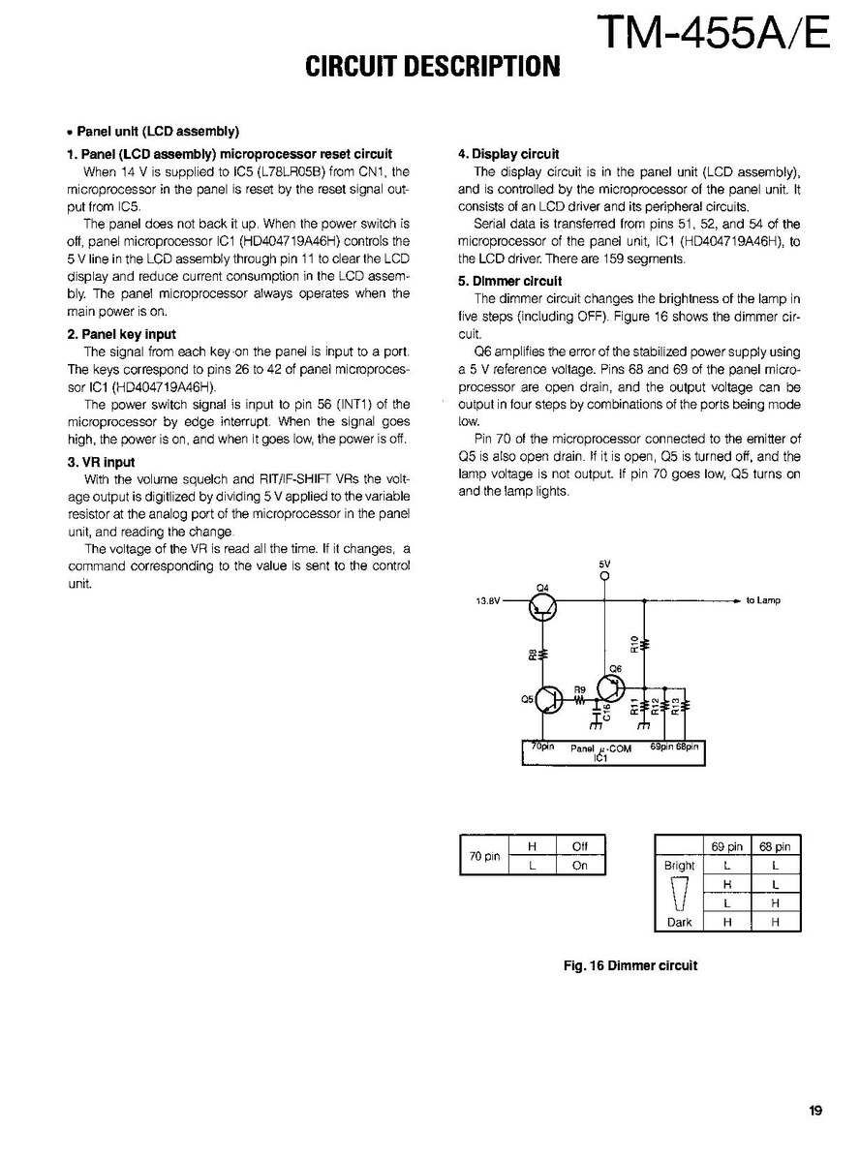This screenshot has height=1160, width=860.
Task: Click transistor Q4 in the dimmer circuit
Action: (x=543, y=606)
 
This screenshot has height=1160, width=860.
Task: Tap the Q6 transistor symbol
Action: (x=611, y=688)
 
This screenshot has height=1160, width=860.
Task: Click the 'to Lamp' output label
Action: (x=763, y=600)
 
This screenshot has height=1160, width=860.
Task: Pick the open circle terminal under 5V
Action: (x=605, y=578)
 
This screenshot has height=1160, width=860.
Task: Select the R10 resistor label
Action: (x=634, y=644)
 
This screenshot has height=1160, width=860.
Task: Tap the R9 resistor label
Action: (x=580, y=689)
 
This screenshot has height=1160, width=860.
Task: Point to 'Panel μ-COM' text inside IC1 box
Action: (x=600, y=748)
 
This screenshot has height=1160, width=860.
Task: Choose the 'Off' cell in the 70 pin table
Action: (x=580, y=846)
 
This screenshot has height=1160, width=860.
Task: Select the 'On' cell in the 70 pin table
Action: (x=580, y=866)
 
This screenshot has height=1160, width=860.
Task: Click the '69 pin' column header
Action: (x=727, y=846)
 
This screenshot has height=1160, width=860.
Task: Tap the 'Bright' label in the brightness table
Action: (x=680, y=866)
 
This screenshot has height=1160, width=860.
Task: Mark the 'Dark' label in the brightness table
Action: (x=680, y=923)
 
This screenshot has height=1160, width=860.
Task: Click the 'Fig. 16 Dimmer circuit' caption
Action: (x=630, y=965)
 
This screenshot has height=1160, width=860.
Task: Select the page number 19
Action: (x=815, y=1111)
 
